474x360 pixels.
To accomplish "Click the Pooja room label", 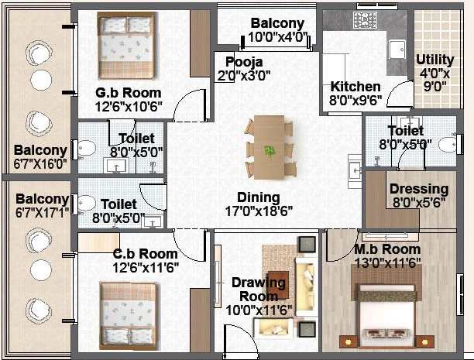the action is [244, 62].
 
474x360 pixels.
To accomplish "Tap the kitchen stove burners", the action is [365, 20].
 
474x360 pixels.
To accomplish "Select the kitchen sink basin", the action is [397, 50].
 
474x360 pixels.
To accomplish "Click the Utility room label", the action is [435, 60].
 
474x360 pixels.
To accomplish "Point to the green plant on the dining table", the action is [270, 151].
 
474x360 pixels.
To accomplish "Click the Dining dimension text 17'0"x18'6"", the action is [259, 211].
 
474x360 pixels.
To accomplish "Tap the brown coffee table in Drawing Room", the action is [278, 283].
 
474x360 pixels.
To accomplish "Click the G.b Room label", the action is [128, 93].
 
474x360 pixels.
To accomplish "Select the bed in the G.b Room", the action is [126, 46].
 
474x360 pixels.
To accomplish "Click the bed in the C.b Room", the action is [129, 316].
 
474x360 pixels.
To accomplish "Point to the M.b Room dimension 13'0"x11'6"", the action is [387, 262].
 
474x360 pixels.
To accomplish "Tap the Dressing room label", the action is [419, 189].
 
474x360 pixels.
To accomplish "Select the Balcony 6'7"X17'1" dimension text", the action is [42, 212].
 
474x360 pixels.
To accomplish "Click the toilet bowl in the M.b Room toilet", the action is [448, 145].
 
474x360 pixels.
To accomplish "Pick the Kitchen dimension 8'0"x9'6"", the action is [355, 100].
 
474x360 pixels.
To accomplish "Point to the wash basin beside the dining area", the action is [354, 171].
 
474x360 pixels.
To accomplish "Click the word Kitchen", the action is [355, 87].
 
